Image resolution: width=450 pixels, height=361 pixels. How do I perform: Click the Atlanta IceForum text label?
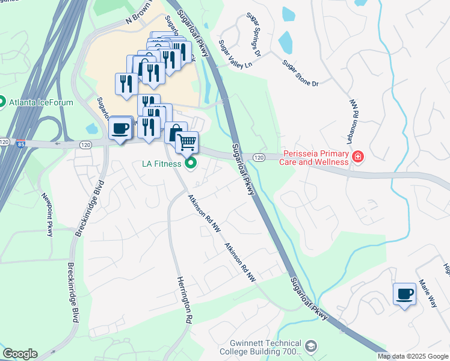point(41,102)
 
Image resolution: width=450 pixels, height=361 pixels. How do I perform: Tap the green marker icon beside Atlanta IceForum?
point(2,102)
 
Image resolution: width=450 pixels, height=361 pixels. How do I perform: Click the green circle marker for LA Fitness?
point(191,163)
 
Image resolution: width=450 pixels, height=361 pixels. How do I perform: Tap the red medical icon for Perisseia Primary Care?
point(357,158)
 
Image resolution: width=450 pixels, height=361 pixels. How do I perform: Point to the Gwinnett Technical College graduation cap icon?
point(310,347)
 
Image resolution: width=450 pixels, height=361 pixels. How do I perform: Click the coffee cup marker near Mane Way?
point(404,294)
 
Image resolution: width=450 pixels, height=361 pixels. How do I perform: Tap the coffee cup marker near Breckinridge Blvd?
point(120,128)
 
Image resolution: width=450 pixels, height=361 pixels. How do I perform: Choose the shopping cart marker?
point(188,142)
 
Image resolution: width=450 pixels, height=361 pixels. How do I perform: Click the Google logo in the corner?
point(20,354)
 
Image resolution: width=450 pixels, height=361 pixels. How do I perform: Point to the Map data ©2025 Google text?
point(413,356)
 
